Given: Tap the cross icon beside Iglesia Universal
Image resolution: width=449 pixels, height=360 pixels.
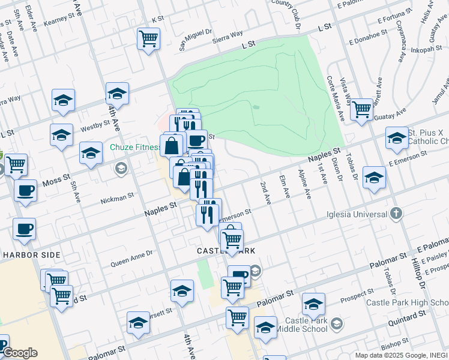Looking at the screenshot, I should [396, 213].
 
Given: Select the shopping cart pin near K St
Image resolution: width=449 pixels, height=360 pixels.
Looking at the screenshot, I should [148, 39].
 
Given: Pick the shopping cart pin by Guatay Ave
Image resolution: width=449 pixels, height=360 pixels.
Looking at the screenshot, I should [361, 109].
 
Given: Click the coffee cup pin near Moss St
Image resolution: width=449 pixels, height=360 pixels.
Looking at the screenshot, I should [25, 191].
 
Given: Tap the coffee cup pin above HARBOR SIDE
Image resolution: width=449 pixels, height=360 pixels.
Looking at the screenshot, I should [24, 229].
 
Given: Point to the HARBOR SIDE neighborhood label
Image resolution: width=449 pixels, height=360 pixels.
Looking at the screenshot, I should [31, 255].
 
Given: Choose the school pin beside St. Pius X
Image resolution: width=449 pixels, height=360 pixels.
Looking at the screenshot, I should [397, 138].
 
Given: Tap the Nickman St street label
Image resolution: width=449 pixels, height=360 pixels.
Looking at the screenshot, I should [116, 197].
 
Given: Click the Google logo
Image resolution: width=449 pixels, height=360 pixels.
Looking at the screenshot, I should [19, 353].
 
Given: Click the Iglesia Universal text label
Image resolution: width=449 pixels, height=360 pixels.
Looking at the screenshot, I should [358, 214].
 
